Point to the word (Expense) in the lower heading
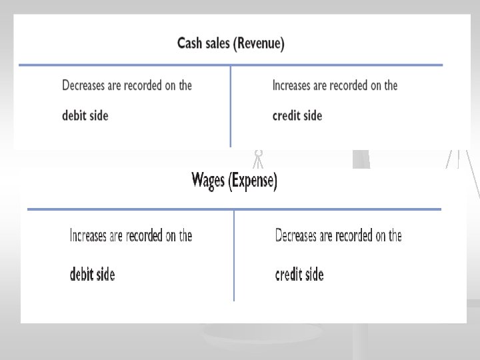point(253,181)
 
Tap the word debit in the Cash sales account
point(73,115)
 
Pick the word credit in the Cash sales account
point(287,115)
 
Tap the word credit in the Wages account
point(290,274)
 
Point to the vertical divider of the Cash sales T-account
point(231,107)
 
